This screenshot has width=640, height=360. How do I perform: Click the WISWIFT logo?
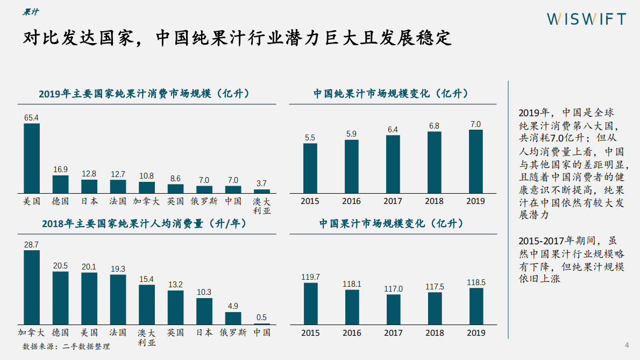(x=586, y=19)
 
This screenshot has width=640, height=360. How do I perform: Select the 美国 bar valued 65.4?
(x=32, y=158)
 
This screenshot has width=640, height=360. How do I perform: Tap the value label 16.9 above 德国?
(x=60, y=170)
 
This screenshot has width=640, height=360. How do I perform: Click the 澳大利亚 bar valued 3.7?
(x=262, y=191)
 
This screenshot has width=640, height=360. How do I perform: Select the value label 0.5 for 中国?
(x=262, y=317)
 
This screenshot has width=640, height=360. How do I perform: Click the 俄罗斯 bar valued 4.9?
(x=233, y=317)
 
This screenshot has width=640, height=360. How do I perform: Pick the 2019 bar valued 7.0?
(x=475, y=161)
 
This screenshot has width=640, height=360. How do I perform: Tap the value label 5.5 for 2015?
(x=310, y=138)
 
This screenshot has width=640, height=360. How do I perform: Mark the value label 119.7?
(x=310, y=277)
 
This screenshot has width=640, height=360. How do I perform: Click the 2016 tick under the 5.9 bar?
(x=352, y=201)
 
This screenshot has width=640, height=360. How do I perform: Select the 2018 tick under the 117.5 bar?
(x=435, y=333)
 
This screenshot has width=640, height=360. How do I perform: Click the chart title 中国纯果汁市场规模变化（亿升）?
(x=391, y=94)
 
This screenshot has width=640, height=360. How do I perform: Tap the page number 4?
(x=626, y=345)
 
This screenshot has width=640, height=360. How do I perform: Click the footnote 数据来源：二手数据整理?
(x=66, y=347)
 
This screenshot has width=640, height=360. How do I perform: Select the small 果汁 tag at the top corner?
(x=30, y=12)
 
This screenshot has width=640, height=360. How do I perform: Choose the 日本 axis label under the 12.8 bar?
(x=89, y=201)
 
